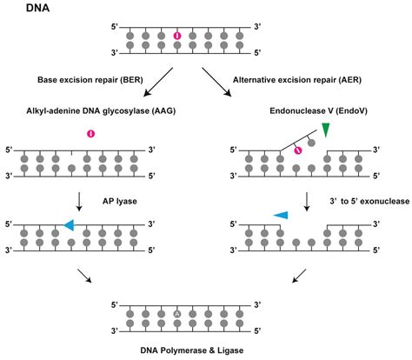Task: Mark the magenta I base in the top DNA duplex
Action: (x=177, y=36)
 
